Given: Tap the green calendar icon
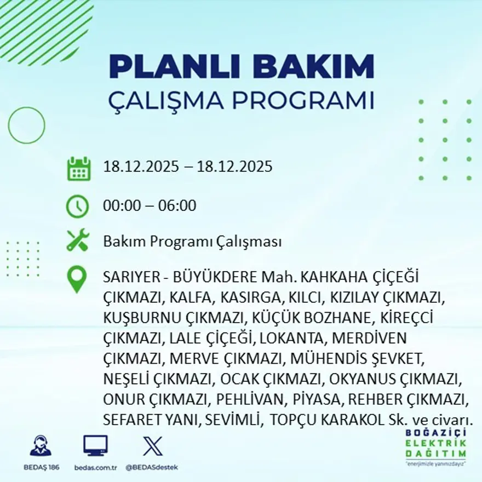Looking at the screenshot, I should click(78, 169).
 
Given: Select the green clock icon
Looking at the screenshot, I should click(77, 206).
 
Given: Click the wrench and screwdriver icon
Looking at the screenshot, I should click(77, 241).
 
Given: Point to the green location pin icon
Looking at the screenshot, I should click(77, 279).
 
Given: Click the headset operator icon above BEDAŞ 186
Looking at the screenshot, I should click(41, 446).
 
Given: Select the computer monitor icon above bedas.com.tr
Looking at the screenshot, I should click(95, 445).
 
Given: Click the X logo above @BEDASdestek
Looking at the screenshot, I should click(152, 445).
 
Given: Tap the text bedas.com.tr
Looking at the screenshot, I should click(95, 467).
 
